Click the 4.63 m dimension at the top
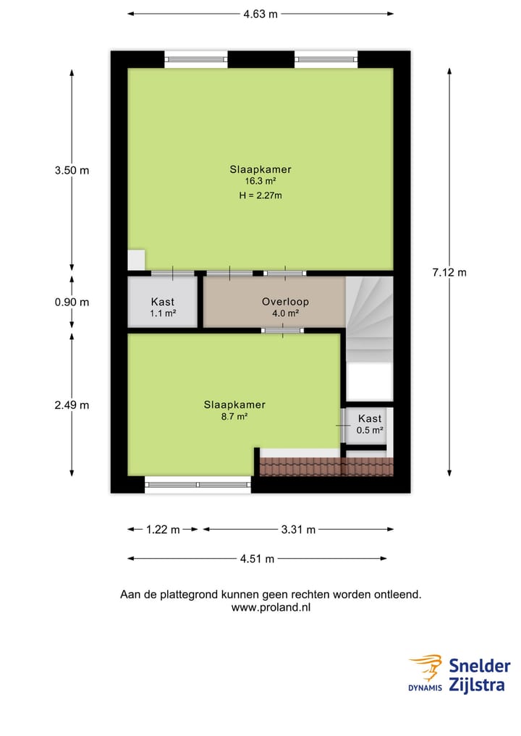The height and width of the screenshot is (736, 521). [260, 13]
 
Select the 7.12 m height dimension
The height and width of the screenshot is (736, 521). [449, 272]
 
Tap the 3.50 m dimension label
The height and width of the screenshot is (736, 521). [72, 170]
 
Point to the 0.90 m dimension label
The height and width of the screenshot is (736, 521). [72, 302]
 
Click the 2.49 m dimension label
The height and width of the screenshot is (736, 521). [72, 405]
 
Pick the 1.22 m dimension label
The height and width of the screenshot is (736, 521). [163, 529]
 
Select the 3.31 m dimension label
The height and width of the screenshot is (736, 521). [298, 529]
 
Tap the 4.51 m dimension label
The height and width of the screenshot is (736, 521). [257, 558]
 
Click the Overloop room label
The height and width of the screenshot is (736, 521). [285, 302]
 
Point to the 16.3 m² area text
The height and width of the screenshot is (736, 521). [260, 182]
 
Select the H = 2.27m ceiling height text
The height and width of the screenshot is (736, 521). [260, 195]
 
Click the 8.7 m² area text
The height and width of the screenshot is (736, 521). [234, 417]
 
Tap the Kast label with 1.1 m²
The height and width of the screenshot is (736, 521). [163, 302]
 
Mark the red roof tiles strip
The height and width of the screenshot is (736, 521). [326, 467]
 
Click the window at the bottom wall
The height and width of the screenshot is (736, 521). [198, 485]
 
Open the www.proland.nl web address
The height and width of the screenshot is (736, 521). [271, 608]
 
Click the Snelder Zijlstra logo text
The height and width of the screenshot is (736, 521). [479, 674]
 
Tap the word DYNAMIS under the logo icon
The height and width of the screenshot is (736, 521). [424, 688]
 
